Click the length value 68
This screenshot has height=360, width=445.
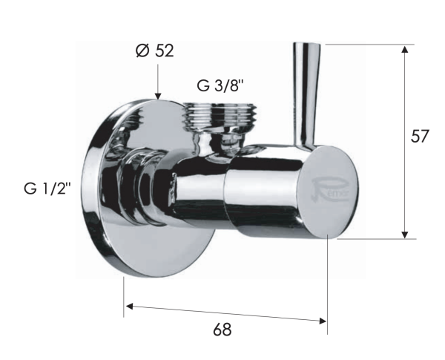click(222, 330)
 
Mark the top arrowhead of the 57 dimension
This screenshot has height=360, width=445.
click(405, 50)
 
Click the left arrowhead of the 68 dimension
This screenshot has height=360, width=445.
click(129, 304)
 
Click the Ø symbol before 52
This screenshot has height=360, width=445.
click(142, 51)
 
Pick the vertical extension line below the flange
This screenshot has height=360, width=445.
click(123, 297)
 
